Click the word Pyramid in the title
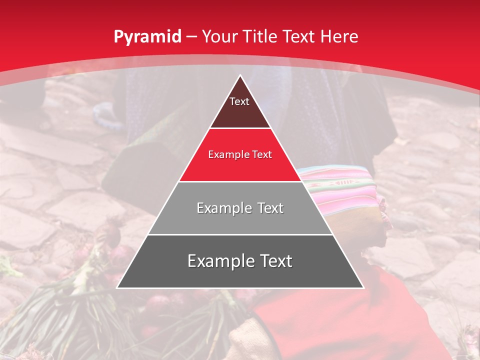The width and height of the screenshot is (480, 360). tap(147, 37)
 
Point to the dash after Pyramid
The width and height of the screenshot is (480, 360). tap(191, 37)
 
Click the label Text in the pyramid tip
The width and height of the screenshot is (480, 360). tap(239, 101)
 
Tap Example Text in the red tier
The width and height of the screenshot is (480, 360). tap(240, 154)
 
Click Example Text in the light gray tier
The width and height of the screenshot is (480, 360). tap(240, 208)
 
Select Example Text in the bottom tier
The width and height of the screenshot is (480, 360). tap(240, 261)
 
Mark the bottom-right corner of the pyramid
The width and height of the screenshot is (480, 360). tap(363, 287)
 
